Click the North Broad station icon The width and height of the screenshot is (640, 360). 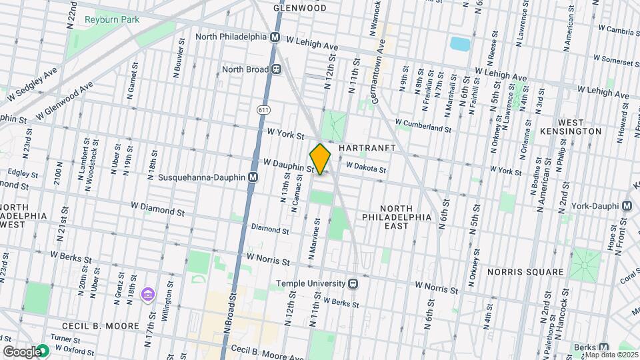[275, 69]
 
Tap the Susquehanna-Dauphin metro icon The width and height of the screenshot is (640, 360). [253, 177]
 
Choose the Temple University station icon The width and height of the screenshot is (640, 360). [354, 283]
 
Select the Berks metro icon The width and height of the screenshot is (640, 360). [603, 347]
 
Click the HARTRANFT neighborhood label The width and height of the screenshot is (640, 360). [367, 147]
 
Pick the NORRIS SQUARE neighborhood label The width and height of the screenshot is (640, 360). [525, 272]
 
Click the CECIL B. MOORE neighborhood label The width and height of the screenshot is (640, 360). [100, 326]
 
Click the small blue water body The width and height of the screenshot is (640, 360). [460, 44]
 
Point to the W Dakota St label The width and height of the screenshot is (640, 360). [366, 169]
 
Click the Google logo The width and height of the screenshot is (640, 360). [21, 351]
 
